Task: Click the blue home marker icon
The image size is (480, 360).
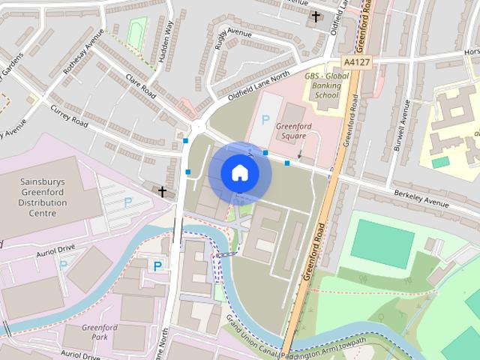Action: (239, 172)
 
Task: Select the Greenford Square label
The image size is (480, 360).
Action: (293, 131)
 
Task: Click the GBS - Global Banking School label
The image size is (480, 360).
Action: (327, 86)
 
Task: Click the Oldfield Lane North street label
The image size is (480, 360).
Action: (259, 87)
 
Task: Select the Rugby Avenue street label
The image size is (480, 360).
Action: (233, 32)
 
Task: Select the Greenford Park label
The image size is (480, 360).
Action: (95, 332)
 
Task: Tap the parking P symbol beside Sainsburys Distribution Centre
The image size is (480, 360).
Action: (127, 202)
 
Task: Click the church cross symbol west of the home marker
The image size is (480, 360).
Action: (162, 192)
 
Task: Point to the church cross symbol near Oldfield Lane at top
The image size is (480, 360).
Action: (316, 16)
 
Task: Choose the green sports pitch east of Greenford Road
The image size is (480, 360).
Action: (382, 241)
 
